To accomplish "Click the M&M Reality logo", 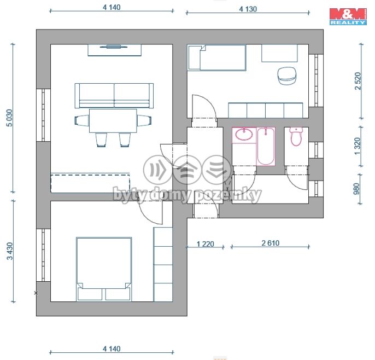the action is [x=348, y=16].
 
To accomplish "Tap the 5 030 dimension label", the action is [x=9, y=118].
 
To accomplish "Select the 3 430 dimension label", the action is [x=10, y=251].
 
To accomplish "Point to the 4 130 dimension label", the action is [x=248, y=9].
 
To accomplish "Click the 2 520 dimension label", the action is [x=358, y=81].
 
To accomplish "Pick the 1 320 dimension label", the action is [x=357, y=146].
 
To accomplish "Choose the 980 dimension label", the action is [x=356, y=189].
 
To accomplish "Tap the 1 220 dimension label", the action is [x=205, y=244].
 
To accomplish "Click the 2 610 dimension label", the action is [x=270, y=243].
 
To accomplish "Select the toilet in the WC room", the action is [x=296, y=137].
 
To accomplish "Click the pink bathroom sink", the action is [x=244, y=134].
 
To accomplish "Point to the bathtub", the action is [x=266, y=146].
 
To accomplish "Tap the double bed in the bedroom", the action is [x=104, y=269].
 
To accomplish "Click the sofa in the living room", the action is [x=114, y=96].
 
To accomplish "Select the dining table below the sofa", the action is [x=113, y=120].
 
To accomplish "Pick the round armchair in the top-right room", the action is [x=287, y=76].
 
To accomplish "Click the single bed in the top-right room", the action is [x=216, y=57].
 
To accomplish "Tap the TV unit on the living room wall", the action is [x=114, y=50].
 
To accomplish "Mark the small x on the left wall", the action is [x=36, y=293].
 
